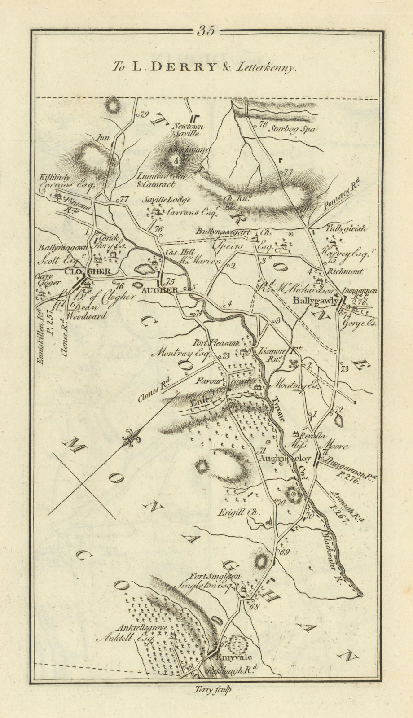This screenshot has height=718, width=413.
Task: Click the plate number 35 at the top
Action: click(x=206, y=31)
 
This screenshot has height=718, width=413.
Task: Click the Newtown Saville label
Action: click(x=190, y=130)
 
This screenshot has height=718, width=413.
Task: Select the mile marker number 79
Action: click(x=144, y=114)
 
